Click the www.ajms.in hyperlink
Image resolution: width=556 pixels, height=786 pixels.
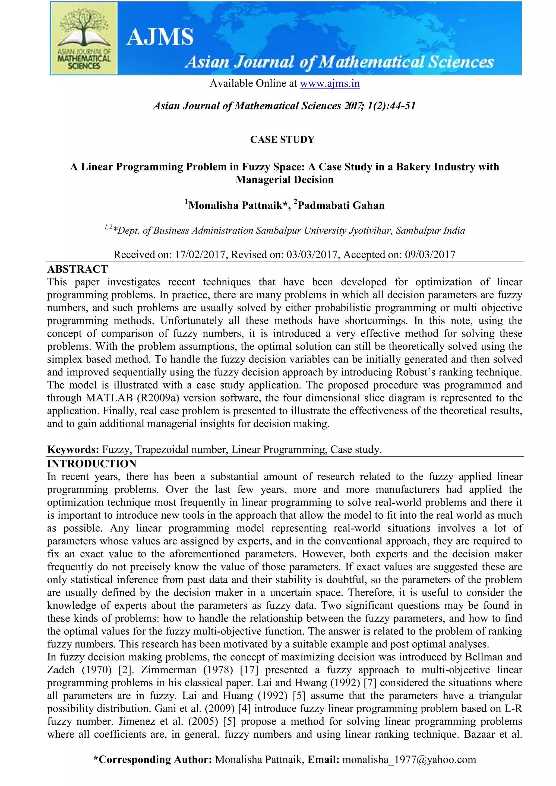[330, 84]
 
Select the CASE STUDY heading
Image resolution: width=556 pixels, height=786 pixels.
[282, 140]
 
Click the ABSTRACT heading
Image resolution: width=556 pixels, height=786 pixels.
[78, 269]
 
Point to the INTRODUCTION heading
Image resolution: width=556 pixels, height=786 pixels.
[92, 464]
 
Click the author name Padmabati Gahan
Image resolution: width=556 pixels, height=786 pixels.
[341, 206]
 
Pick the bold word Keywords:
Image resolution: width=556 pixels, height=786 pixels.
[73, 450]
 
